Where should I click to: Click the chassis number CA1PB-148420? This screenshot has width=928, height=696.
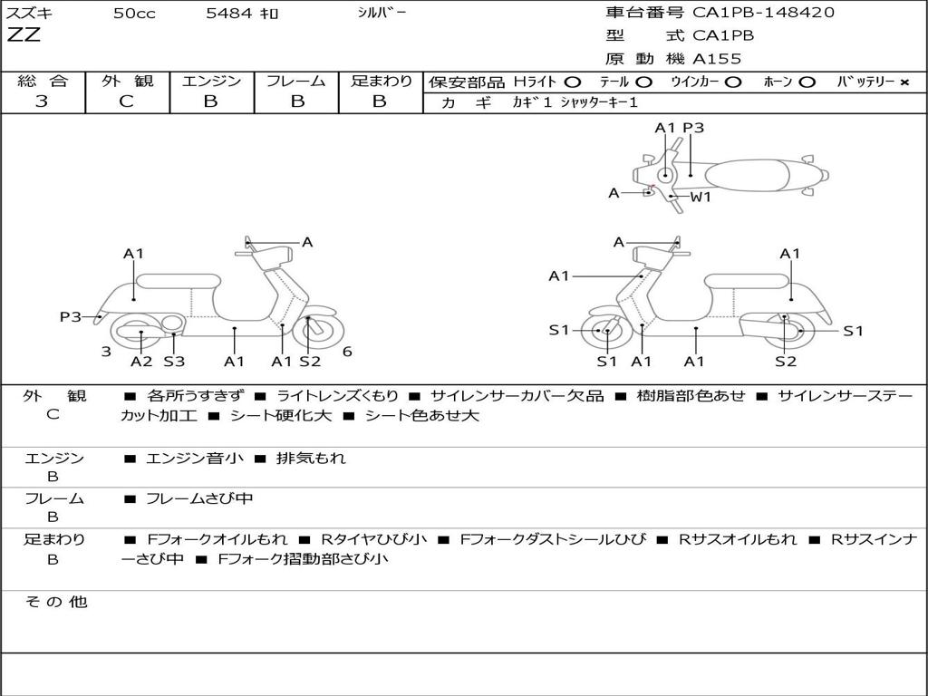click(x=763, y=13)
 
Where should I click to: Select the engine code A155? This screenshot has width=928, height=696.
click(x=717, y=59)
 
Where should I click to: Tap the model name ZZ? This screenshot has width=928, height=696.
click(x=24, y=36)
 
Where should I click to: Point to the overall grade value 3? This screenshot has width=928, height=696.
click(x=42, y=101)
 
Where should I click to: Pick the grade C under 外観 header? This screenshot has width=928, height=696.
click(x=126, y=101)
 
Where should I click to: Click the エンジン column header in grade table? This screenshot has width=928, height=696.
click(x=211, y=81)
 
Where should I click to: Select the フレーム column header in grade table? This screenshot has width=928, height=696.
click(x=295, y=81)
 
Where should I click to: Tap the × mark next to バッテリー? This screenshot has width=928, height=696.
click(x=904, y=82)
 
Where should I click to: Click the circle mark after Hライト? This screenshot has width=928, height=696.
click(x=573, y=82)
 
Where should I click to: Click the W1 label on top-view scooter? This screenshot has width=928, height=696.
click(x=701, y=197)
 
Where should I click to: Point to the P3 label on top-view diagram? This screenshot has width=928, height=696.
click(x=693, y=128)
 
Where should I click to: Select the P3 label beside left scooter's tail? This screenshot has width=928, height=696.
click(x=71, y=316)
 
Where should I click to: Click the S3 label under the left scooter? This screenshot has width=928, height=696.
click(x=174, y=362)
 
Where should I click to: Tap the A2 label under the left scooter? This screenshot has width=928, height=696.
click(x=141, y=362)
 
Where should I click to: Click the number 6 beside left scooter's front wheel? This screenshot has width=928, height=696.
click(x=347, y=352)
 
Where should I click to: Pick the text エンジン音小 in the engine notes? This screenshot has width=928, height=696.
click(x=195, y=459)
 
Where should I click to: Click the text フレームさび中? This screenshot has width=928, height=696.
click(x=199, y=498)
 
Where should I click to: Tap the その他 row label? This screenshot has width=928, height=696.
click(x=55, y=602)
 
